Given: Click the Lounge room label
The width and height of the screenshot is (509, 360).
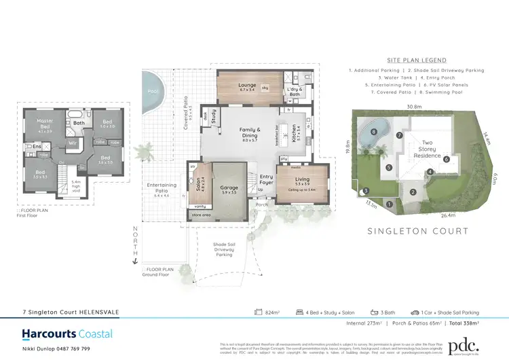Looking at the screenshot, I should point(247,86).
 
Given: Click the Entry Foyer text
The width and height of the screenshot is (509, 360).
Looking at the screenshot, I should point(257,179).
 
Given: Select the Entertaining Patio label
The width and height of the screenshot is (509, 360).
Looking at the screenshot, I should point(162,188).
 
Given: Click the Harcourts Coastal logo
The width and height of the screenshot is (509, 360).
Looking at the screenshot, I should point(67,334).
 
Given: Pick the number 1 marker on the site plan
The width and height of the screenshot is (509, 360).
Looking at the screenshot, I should point(389,203).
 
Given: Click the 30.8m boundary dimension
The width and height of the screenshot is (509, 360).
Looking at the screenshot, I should point(414,107).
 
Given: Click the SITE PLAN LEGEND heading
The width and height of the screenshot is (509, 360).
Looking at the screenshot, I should point(416,60).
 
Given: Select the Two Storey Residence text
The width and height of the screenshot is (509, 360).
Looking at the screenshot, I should point(428,149).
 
